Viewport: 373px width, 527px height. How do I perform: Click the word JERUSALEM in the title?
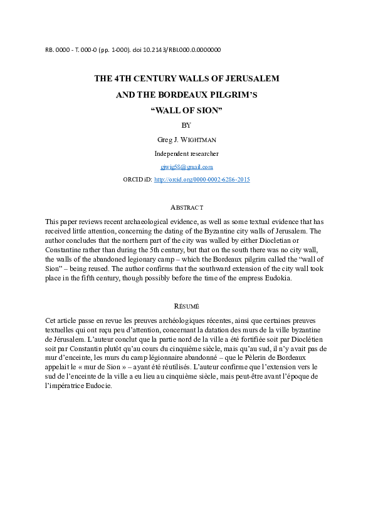point(249,79)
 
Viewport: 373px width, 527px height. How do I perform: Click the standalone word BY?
point(186,125)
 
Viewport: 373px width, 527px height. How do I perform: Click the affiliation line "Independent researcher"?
point(186,153)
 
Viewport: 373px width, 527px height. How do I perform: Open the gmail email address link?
point(187,167)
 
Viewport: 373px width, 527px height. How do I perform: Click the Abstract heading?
point(187,207)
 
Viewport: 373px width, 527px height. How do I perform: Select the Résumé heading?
point(186,306)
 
